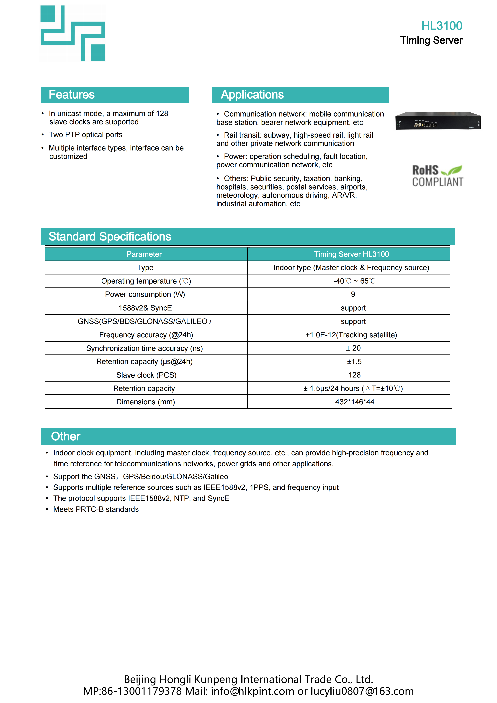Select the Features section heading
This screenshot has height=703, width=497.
tap(72, 95)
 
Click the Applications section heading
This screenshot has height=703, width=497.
tap(252, 95)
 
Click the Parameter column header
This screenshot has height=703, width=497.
tap(144, 254)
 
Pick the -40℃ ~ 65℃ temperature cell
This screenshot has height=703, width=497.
tap(354, 281)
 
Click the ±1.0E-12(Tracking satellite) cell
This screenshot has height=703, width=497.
tap(351, 335)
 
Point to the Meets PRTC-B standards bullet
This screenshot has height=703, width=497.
tap(96, 509)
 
